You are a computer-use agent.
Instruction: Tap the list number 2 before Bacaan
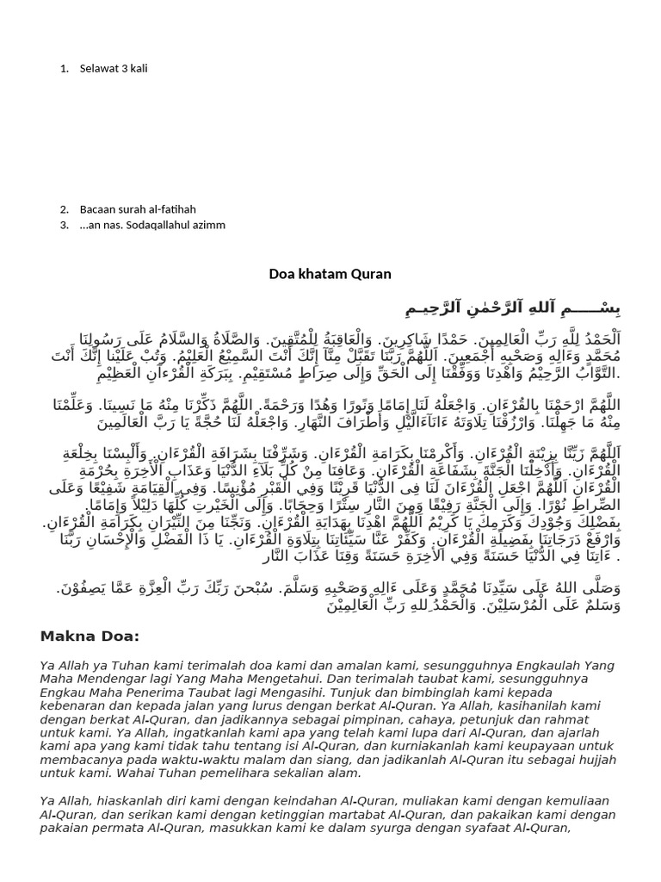click(65, 209)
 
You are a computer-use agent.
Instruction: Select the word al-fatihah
click(171, 209)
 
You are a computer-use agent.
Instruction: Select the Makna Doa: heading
click(90, 637)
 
